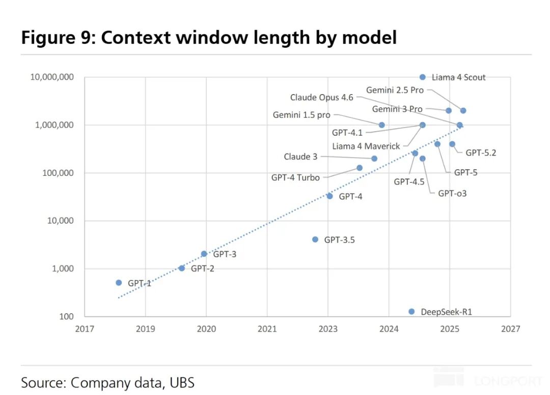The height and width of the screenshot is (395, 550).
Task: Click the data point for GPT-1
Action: (x=119, y=283)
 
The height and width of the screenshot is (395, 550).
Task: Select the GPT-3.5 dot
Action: (x=315, y=239)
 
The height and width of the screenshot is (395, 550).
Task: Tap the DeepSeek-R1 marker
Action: (x=412, y=312)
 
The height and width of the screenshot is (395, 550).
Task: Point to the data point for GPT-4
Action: (x=329, y=196)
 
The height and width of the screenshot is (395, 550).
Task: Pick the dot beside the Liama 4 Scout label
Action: (x=423, y=77)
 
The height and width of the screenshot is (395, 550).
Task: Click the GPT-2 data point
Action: (x=182, y=268)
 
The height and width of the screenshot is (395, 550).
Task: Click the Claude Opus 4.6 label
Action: (x=322, y=97)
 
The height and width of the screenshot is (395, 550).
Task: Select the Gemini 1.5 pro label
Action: (x=301, y=115)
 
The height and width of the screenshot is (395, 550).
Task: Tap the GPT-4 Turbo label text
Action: (x=295, y=177)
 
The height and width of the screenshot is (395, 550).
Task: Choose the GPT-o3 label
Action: (x=453, y=193)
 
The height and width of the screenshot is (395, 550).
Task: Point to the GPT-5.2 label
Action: (x=481, y=153)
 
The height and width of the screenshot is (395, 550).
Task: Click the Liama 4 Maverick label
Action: (x=366, y=146)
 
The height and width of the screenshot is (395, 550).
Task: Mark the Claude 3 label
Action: (x=300, y=157)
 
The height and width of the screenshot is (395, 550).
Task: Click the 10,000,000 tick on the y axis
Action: (x=52, y=77)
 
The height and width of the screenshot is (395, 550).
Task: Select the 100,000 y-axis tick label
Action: (x=58, y=173)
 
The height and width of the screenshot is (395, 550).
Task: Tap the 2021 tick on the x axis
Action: (x=267, y=329)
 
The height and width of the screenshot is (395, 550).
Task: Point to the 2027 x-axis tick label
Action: (x=511, y=329)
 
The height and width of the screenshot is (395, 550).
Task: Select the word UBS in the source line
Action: (x=182, y=383)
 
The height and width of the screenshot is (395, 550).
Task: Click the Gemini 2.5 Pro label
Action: (x=395, y=90)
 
